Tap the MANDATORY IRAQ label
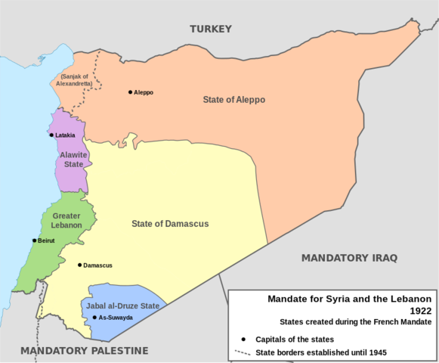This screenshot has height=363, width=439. (x=349, y=258)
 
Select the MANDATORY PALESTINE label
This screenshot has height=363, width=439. (x=84, y=350)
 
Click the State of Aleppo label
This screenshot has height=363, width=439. (x=233, y=100)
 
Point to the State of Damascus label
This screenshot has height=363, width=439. (x=170, y=224)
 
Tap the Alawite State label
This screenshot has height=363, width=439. (x=73, y=159)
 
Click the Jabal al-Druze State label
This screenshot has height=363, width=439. (x=122, y=306)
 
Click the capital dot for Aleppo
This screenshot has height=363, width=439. (x=130, y=92)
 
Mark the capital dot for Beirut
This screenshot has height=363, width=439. (x=34, y=240)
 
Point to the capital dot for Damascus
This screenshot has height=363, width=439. (x=79, y=265)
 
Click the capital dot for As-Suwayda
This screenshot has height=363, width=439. (x=94, y=317)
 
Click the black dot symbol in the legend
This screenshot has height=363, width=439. (x=244, y=338)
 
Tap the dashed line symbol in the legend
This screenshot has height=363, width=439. (x=242, y=352)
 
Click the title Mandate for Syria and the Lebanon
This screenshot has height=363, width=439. (x=349, y=298)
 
